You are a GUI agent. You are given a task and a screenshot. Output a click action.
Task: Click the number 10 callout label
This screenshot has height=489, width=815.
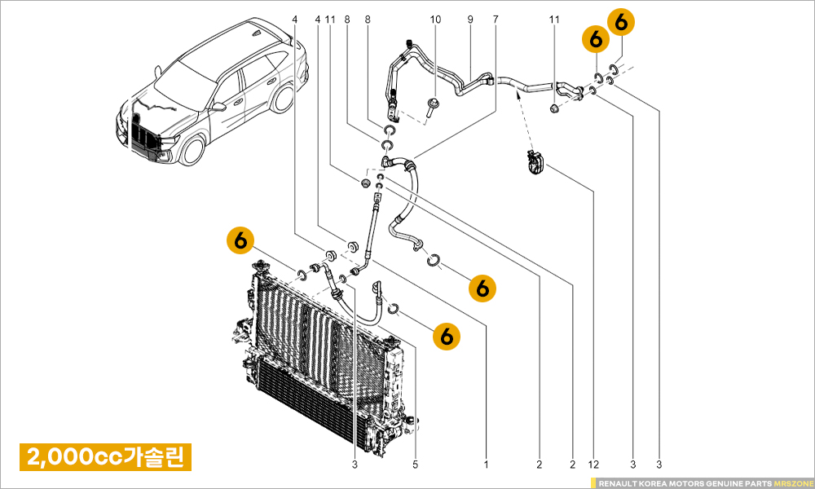tap(434, 18)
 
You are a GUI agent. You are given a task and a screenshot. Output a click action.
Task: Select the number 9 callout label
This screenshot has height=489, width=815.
tap(470, 18)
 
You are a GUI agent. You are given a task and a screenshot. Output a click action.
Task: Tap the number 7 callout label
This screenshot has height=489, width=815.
tap(495, 18)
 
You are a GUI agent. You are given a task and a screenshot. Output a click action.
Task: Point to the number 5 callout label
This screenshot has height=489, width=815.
tap(415, 465)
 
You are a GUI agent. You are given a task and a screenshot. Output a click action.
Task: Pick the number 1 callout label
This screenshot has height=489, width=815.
tap(487, 465)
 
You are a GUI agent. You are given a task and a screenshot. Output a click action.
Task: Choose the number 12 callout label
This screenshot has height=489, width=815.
tap(593, 465)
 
